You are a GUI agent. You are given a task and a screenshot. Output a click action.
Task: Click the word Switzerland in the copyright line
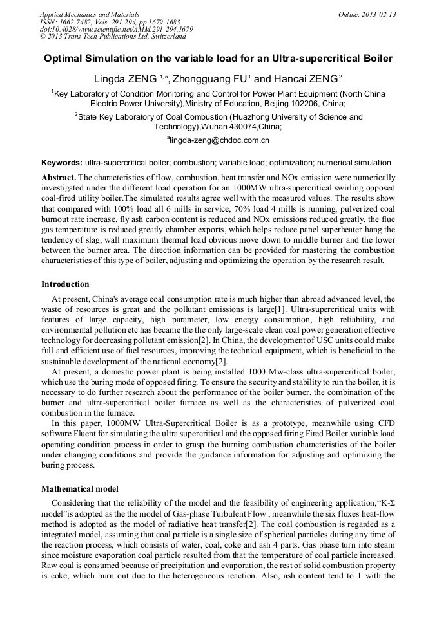pyautogui.click(x=166, y=37)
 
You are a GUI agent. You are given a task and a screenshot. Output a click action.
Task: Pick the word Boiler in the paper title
pyautogui.click(x=376, y=59)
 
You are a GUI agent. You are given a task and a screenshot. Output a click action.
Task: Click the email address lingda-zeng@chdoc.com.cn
pyautogui.click(x=219, y=140)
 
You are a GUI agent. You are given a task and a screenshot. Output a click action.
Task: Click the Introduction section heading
pyautogui.click(x=65, y=284)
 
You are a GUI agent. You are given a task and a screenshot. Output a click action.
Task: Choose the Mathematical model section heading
pyautogui.click(x=81, y=488)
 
